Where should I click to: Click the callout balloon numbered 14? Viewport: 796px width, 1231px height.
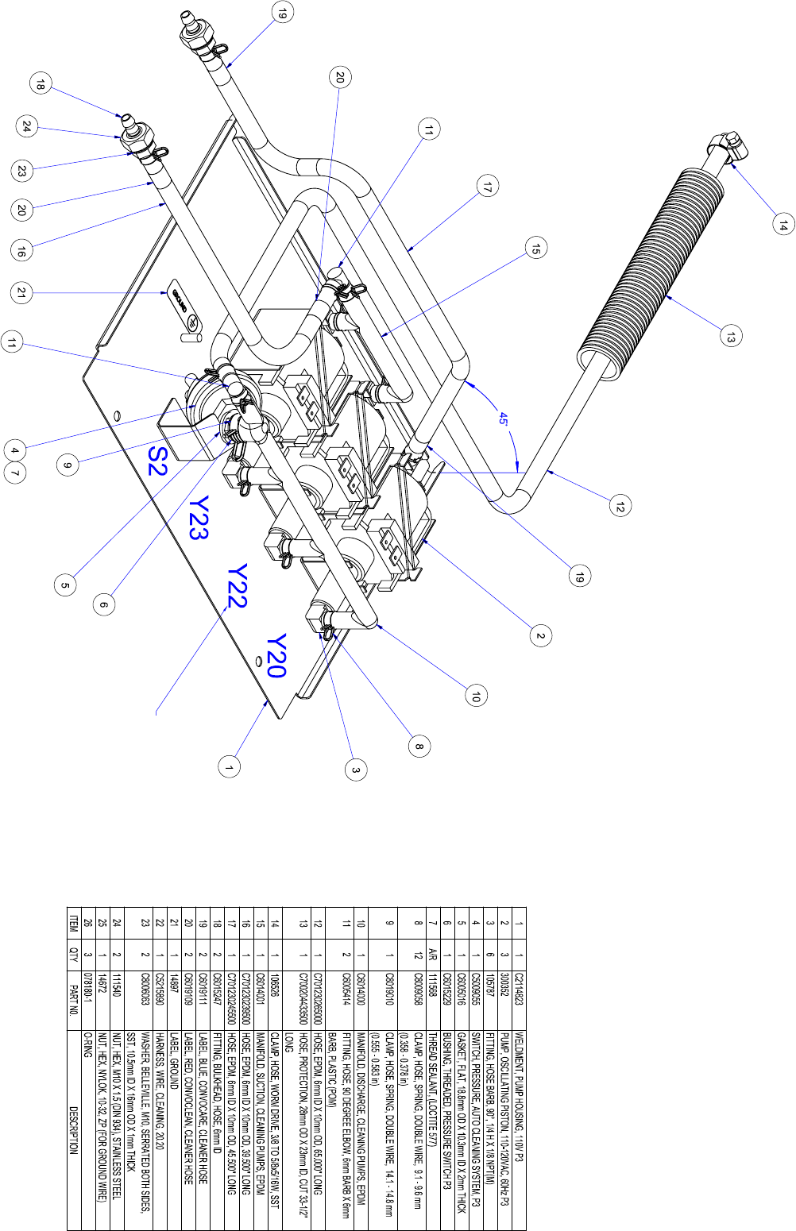[782, 225]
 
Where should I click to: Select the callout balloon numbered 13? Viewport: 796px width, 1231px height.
[730, 335]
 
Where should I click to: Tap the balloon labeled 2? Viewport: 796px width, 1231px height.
[540, 636]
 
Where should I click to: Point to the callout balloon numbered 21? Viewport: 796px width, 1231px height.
[21, 292]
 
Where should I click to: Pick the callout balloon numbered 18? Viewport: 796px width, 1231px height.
[41, 84]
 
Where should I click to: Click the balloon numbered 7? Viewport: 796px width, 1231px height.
[15, 473]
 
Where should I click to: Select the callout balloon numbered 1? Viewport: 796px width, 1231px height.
[230, 767]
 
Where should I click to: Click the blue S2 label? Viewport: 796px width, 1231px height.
[157, 461]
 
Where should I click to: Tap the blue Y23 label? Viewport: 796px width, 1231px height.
[199, 519]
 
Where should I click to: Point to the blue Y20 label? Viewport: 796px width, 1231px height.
[276, 656]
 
